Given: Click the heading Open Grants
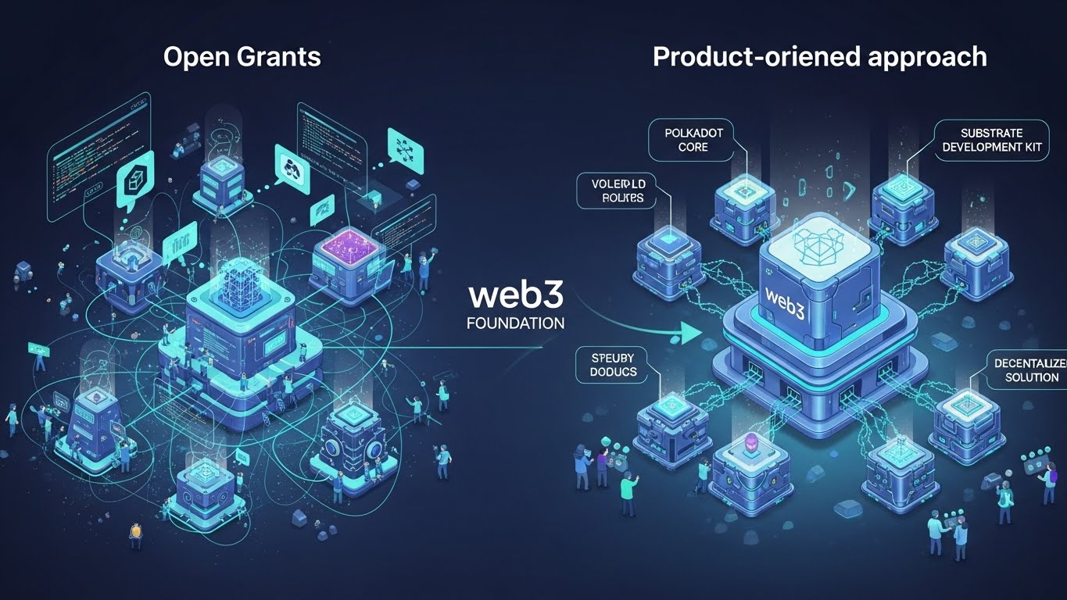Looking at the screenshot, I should [242, 57].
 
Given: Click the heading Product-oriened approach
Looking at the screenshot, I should [819, 57].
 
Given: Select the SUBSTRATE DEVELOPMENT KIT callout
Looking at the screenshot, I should [993, 139].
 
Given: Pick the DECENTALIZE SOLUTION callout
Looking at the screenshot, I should [1026, 370].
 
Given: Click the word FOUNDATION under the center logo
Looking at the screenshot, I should [514, 323].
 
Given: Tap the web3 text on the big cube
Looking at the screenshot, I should [785, 298].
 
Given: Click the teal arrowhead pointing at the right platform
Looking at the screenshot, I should [690, 334].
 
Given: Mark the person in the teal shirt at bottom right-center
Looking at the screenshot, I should [628, 492].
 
